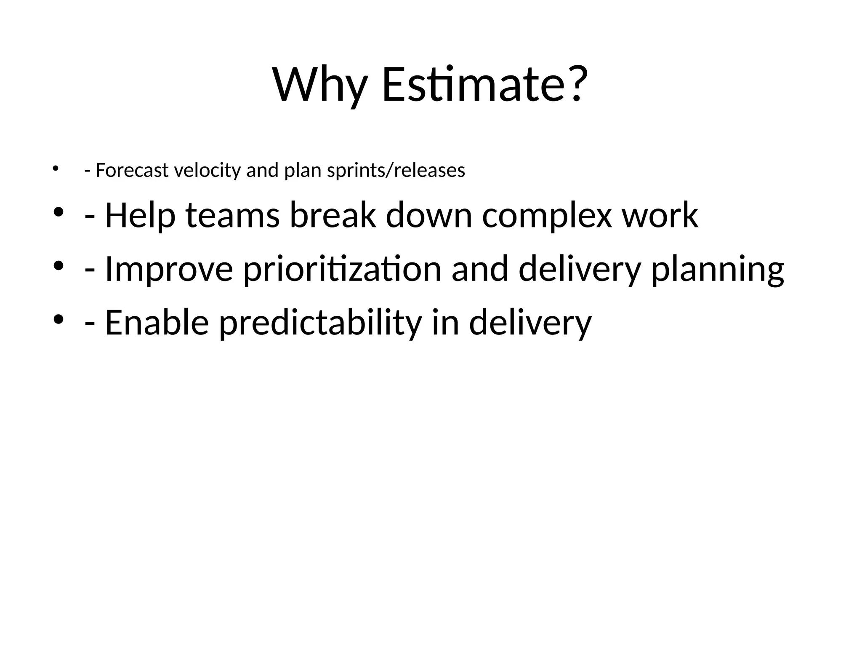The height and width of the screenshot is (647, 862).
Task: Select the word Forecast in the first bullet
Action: click(x=132, y=171)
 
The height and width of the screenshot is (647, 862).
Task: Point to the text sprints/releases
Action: click(x=396, y=171)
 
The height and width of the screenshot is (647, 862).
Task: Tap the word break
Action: click(x=333, y=215)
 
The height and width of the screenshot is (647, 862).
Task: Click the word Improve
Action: click(x=168, y=270)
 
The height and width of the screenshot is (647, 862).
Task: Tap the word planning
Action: click(x=718, y=270)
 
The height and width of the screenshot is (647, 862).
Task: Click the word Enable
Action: click(x=157, y=323)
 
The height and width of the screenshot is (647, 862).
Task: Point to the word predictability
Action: click(x=320, y=323)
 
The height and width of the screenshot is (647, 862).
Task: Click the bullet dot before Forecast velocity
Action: click(x=55, y=169)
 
